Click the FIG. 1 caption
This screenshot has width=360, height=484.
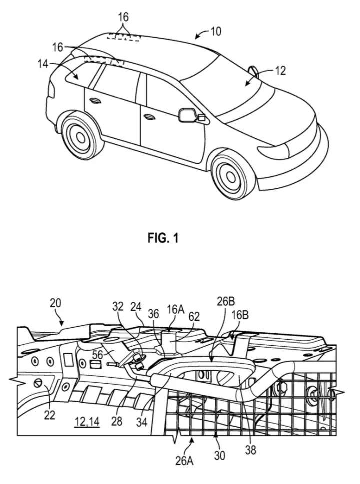pyautogui.click(x=163, y=238)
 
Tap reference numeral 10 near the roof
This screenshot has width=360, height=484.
pyautogui.click(x=216, y=31)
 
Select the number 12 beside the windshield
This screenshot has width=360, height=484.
pyautogui.click(x=280, y=71)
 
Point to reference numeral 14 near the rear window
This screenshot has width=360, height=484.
pyautogui.click(x=44, y=64)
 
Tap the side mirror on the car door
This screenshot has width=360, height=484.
pyautogui.click(x=189, y=115)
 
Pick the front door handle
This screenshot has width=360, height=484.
pyautogui.click(x=150, y=116)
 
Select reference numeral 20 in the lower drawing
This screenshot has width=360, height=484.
pyautogui.click(x=56, y=303)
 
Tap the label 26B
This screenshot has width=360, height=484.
pyautogui.click(x=226, y=302)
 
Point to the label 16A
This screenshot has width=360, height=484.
pyautogui.click(x=176, y=309)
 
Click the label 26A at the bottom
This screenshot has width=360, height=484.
pyautogui.click(x=185, y=461)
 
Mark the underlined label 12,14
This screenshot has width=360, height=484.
pyautogui.click(x=87, y=422)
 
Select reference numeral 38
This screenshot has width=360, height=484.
pyautogui.click(x=251, y=450)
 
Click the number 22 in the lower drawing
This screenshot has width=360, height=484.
pyautogui.click(x=49, y=415)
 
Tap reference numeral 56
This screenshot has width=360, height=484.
pyautogui.click(x=98, y=355)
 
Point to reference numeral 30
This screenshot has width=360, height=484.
pyautogui.click(x=219, y=455)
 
